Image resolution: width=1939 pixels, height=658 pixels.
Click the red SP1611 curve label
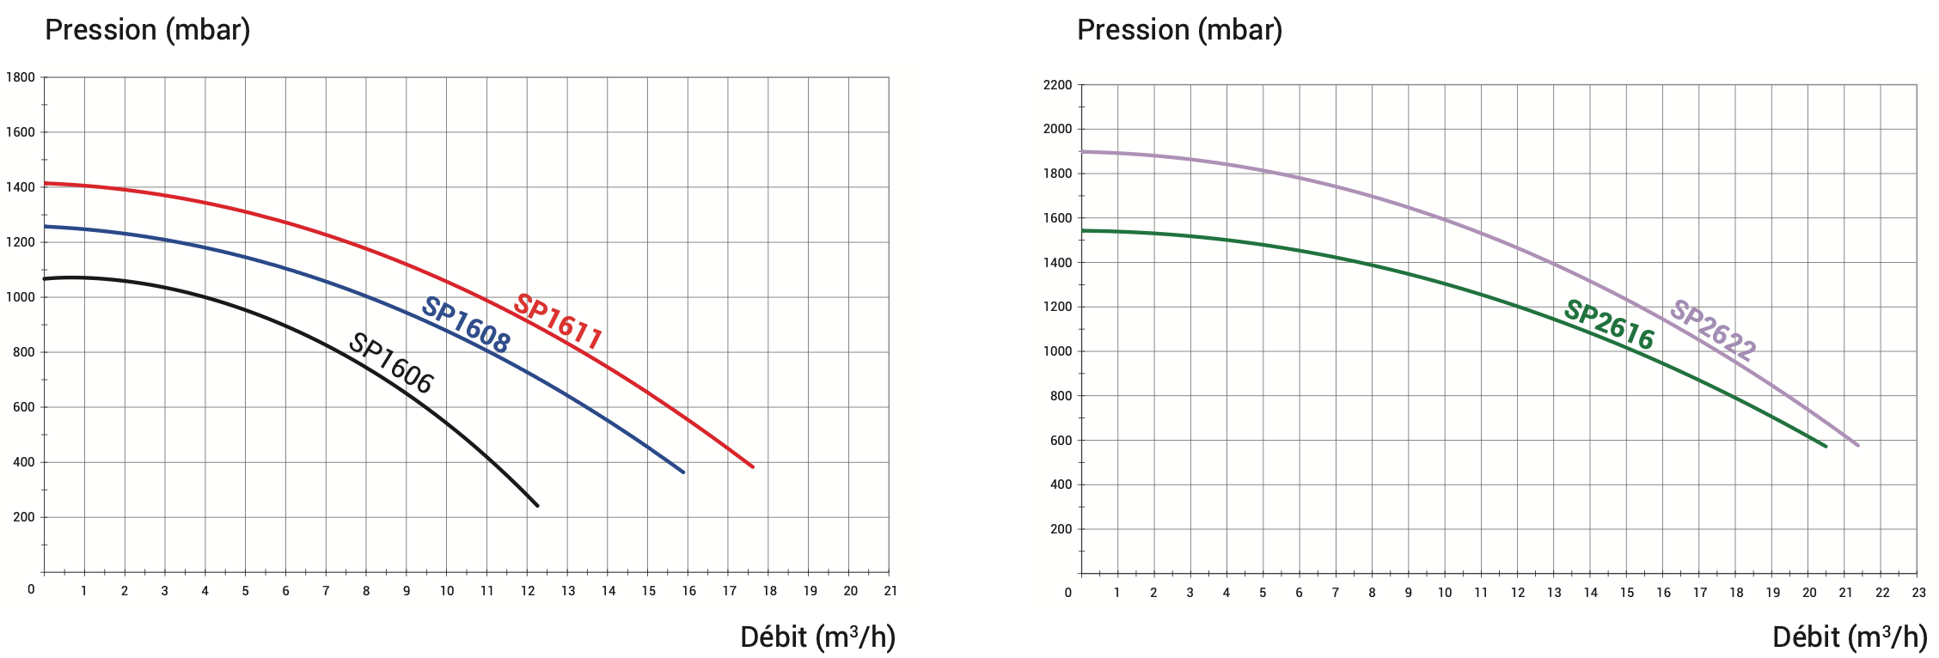(558, 321)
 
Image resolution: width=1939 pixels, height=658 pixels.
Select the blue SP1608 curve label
(466, 325)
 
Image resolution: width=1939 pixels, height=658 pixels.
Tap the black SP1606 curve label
(391, 363)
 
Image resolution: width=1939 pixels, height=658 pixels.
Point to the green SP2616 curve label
(1609, 324)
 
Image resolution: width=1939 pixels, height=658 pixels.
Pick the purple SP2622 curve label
(1713, 329)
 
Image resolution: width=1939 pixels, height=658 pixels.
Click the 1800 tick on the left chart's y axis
(21, 77)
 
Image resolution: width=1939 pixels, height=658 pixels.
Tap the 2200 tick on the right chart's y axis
(1057, 85)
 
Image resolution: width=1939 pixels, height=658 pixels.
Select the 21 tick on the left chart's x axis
(890, 591)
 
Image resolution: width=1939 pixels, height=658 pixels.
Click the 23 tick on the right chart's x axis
(1918, 593)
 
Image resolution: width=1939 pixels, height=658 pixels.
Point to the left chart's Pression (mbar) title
(148, 30)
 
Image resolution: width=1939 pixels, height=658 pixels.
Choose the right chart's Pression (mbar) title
(1179, 30)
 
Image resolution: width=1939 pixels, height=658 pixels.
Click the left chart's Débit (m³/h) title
(817, 637)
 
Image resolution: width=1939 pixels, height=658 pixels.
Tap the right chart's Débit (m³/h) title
(1850, 637)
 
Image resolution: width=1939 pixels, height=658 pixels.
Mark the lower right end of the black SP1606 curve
(537, 505)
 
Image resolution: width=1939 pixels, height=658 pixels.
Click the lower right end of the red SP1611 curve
(753, 466)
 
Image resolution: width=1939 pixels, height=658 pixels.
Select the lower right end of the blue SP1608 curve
(683, 472)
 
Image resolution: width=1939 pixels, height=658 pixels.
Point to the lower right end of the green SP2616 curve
(1826, 446)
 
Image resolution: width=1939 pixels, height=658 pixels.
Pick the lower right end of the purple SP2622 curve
(1857, 445)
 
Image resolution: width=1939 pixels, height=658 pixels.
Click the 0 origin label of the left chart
(31, 589)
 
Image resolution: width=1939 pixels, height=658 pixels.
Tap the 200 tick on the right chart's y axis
(1061, 529)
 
